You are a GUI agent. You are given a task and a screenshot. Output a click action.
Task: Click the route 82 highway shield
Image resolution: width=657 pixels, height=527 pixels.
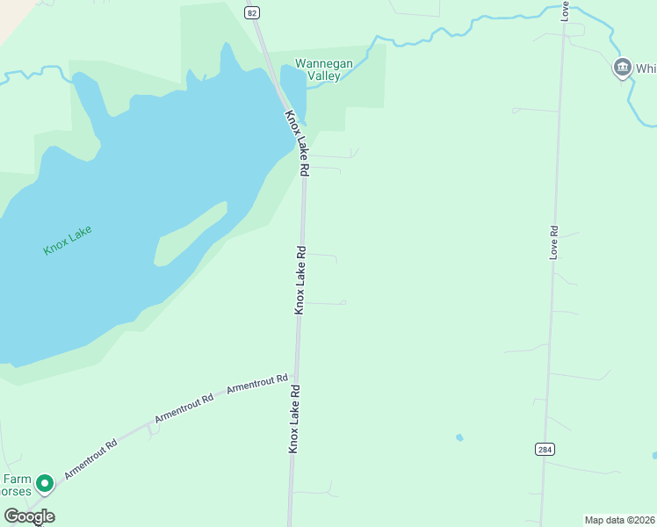(253, 11)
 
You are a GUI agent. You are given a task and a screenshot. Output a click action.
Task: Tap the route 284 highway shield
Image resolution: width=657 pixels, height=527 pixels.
(545, 450)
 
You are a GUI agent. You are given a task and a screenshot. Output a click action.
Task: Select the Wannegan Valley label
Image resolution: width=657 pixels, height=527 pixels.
(317, 69)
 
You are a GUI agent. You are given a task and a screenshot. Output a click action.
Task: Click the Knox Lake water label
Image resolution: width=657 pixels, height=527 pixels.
(68, 240)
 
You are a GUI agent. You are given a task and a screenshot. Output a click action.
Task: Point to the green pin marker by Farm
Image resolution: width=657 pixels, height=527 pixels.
(45, 483)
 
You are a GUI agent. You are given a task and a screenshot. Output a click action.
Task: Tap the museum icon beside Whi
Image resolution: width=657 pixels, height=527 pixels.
(622, 67)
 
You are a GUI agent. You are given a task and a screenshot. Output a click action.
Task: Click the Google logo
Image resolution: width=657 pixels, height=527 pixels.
(29, 516)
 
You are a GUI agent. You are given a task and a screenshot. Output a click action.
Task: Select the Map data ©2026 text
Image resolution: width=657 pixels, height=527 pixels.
(619, 520)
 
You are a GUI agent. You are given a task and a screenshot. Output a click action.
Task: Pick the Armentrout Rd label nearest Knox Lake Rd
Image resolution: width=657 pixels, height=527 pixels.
(257, 384)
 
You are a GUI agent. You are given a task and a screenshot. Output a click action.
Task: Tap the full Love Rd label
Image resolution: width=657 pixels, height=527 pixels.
(553, 242)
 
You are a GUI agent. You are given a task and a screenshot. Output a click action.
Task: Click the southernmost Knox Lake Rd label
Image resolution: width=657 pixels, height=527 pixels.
(294, 420)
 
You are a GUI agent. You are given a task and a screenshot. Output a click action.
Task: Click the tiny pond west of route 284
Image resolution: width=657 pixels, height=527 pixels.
(459, 437)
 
